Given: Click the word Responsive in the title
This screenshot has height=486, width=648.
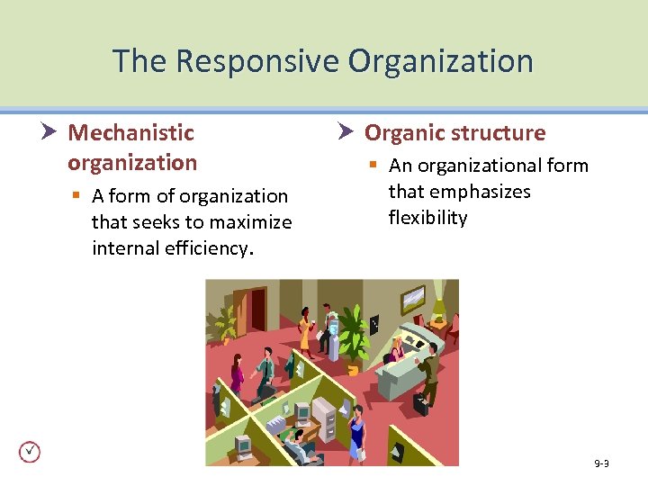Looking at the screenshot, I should click(x=257, y=61).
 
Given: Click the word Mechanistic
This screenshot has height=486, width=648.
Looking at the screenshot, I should click(x=131, y=133).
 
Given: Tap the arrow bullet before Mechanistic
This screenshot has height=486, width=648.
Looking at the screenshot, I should click(x=50, y=133).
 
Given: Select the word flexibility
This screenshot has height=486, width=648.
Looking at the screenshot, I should click(x=427, y=218).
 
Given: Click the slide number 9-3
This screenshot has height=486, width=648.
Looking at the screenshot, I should click(x=601, y=463).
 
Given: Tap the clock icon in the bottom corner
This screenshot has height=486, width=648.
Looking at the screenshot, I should click(x=30, y=452).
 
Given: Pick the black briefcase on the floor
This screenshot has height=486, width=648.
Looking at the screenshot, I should click(x=420, y=404).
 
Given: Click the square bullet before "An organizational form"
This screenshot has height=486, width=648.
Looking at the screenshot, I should click(x=372, y=166).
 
